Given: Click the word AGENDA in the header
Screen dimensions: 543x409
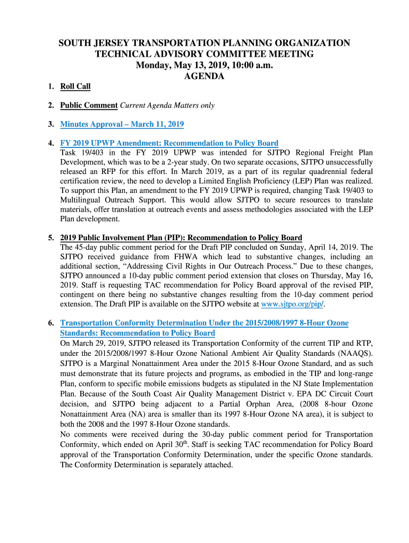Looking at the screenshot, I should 204,76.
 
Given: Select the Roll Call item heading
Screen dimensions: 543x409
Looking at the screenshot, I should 75,86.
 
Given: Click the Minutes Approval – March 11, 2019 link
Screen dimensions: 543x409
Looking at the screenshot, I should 122,125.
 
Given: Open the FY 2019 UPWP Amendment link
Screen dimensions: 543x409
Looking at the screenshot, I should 169,143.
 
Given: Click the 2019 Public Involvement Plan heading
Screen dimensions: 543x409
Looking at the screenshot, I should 181,238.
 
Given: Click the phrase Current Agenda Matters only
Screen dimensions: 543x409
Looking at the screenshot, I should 167,106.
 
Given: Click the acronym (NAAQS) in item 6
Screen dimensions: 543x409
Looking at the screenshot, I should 354,353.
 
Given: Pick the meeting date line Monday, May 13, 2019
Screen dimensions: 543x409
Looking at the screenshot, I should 204,65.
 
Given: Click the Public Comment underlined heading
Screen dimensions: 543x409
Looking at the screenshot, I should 89,106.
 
